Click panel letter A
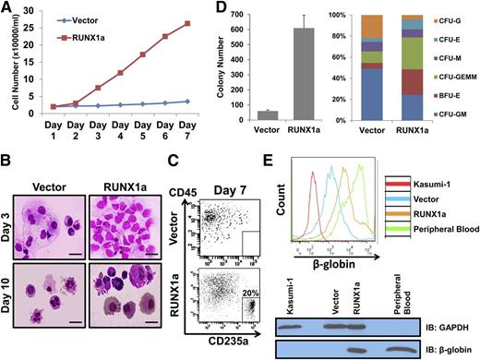(x=7, y=8)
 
